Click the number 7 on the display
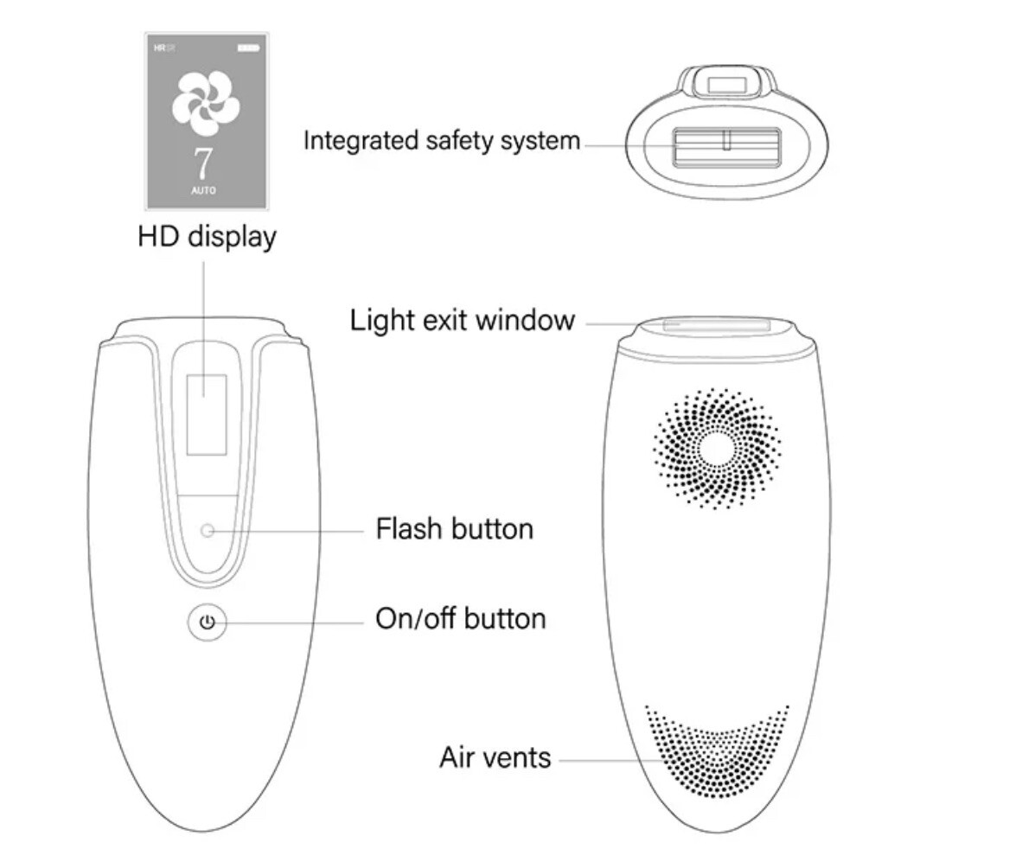point(204,162)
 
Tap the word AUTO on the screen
point(204,190)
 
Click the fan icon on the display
point(206,103)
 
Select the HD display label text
point(207,236)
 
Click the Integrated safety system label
point(441,140)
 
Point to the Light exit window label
point(462,320)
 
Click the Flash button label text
point(454,528)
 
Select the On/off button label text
point(460,619)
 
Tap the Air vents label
point(495,757)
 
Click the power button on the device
point(207,622)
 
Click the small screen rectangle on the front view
point(207,414)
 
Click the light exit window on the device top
point(717,325)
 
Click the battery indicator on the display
point(248,46)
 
